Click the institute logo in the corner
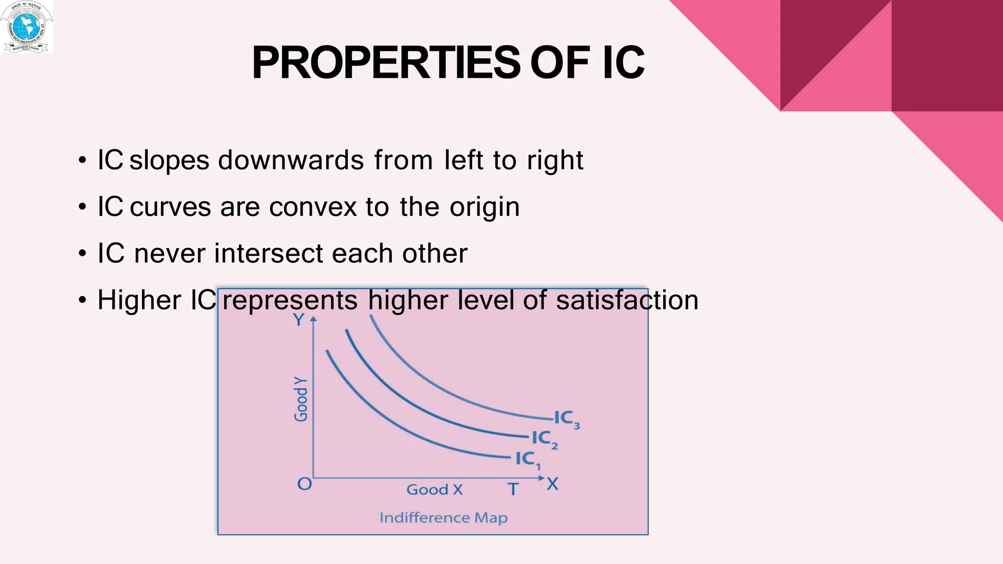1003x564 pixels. (x=26, y=26)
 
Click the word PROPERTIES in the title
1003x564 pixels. (x=386, y=63)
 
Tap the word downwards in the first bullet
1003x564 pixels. (x=291, y=160)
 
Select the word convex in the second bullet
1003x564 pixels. (x=313, y=207)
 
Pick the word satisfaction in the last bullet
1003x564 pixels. (x=627, y=300)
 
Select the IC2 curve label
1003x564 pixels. (x=544, y=439)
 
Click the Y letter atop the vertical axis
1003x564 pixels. (x=298, y=320)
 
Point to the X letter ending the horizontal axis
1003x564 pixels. (x=552, y=484)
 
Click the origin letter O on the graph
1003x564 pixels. (x=305, y=484)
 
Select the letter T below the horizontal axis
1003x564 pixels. (x=512, y=489)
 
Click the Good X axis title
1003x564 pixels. (x=434, y=490)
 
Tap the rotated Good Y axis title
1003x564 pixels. (x=301, y=399)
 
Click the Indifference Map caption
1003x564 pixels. (x=443, y=518)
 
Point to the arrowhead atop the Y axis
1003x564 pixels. (x=314, y=319)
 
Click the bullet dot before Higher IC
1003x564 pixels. (x=83, y=300)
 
